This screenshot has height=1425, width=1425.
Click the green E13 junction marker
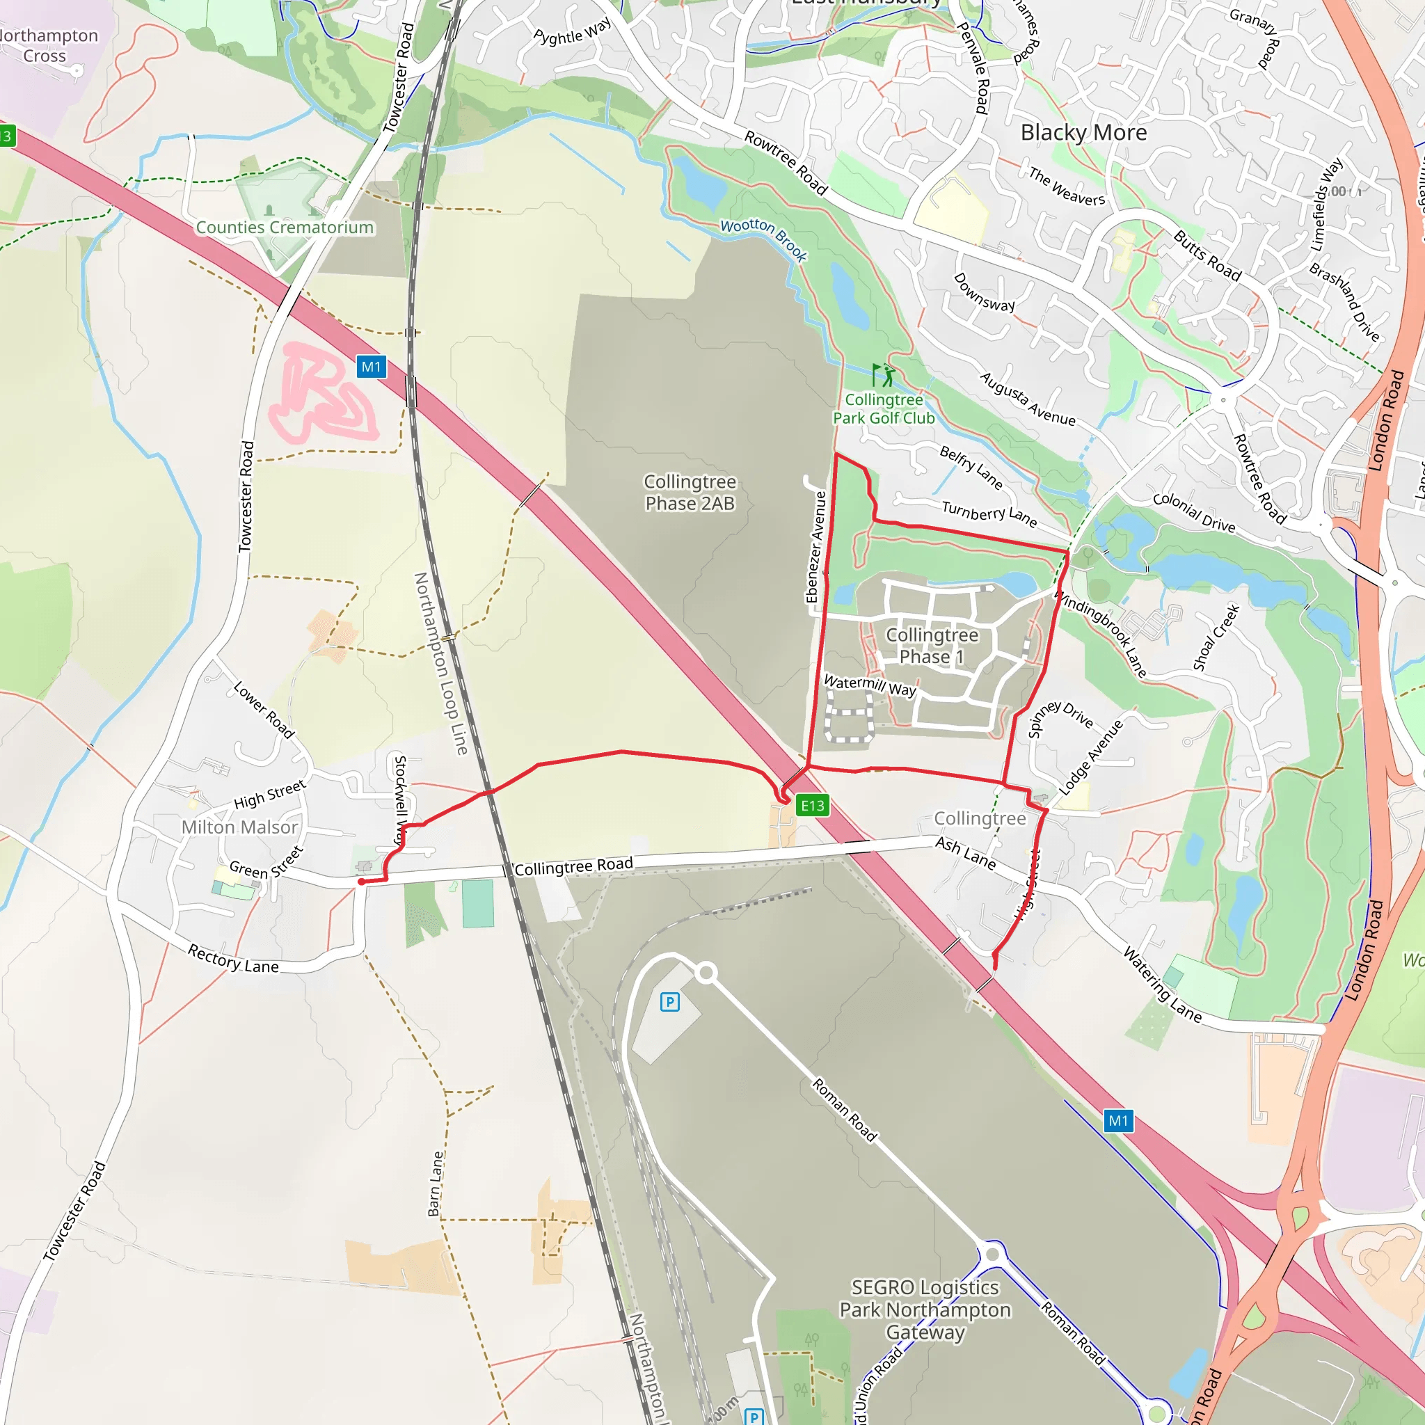click(x=813, y=806)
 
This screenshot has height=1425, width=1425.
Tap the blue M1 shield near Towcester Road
click(x=371, y=367)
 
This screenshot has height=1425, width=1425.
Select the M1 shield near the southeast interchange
click(x=1118, y=1121)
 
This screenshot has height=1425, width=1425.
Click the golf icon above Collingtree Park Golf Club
click(x=883, y=376)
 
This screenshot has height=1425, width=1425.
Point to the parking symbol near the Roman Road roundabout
click(x=670, y=1002)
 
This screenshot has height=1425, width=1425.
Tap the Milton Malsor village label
click(x=240, y=827)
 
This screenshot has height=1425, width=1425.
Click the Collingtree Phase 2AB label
click(x=690, y=493)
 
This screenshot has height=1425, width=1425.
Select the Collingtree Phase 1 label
click(x=932, y=646)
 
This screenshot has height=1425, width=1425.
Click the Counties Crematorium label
click(x=284, y=227)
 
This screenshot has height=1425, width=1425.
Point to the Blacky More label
click(x=1083, y=133)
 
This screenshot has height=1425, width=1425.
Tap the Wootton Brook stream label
click(x=763, y=239)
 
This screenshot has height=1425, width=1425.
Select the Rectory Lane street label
click(x=233, y=959)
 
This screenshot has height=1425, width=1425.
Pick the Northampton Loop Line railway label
click(x=441, y=664)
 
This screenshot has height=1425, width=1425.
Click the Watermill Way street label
click(x=870, y=685)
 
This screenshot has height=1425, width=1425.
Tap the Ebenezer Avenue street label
click(x=815, y=546)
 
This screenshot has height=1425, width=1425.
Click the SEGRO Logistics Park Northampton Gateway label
click(x=925, y=1310)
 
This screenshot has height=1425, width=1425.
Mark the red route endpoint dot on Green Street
click(x=361, y=882)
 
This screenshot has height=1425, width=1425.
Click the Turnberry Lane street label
click(x=989, y=514)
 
